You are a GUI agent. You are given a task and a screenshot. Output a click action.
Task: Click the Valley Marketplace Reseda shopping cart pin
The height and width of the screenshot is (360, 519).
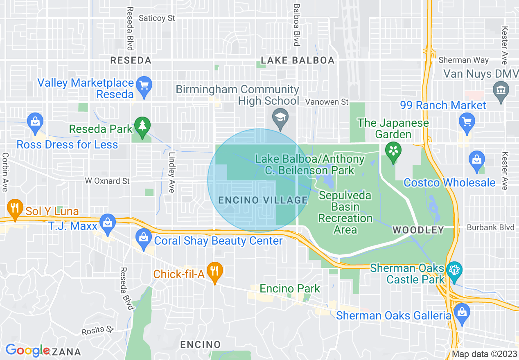144,85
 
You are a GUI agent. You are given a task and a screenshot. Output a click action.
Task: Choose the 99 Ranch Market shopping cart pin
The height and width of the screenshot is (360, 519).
467,122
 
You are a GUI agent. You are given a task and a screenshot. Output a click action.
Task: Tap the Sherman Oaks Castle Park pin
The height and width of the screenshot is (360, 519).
454,270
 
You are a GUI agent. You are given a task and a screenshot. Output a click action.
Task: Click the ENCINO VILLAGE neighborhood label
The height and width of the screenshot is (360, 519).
263,200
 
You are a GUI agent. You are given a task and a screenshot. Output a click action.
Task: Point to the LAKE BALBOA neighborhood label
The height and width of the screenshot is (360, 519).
298,61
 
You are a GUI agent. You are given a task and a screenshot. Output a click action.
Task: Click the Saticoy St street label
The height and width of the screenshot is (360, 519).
157,18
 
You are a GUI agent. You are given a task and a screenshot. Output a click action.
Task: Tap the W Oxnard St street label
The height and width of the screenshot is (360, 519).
107,181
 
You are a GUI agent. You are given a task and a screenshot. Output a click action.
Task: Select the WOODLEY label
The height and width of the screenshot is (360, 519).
418,230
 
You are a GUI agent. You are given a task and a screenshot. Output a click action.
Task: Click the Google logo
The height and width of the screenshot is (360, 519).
27,350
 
